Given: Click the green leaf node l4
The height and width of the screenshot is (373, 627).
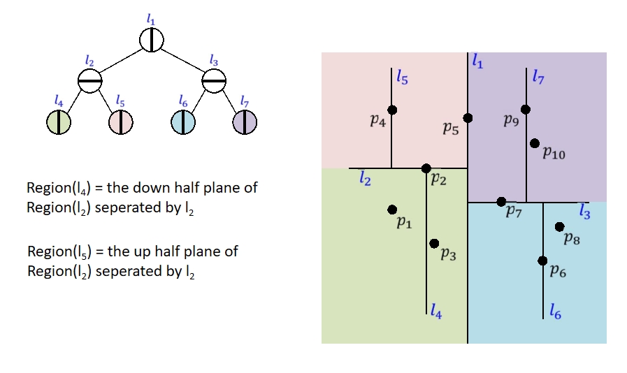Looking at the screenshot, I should click(59, 122).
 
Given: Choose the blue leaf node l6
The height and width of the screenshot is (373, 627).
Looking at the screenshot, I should click(182, 122).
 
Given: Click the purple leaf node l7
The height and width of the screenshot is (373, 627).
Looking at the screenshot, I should click(244, 122).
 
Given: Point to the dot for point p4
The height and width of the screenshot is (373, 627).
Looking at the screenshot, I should click(392, 110).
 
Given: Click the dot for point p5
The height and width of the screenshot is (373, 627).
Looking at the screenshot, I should click(468, 118).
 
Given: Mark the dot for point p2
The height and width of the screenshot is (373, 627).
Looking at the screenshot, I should click(426, 168).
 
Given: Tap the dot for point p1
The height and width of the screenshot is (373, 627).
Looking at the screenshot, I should click(392, 210).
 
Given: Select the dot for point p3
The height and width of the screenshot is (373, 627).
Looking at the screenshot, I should click(434, 243).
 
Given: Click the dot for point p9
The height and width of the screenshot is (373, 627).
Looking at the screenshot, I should click(526, 109).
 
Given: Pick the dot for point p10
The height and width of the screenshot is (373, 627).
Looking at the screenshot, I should click(535, 143).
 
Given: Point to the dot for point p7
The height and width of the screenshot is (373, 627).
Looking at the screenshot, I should click(501, 202).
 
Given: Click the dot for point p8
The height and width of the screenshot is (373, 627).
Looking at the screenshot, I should click(559, 226).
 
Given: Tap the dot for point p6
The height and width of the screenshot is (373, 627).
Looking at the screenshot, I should click(543, 261).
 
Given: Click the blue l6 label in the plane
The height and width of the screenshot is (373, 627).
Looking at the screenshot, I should click(555, 312).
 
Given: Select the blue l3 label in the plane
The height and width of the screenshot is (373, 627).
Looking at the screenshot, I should click(584, 212).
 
